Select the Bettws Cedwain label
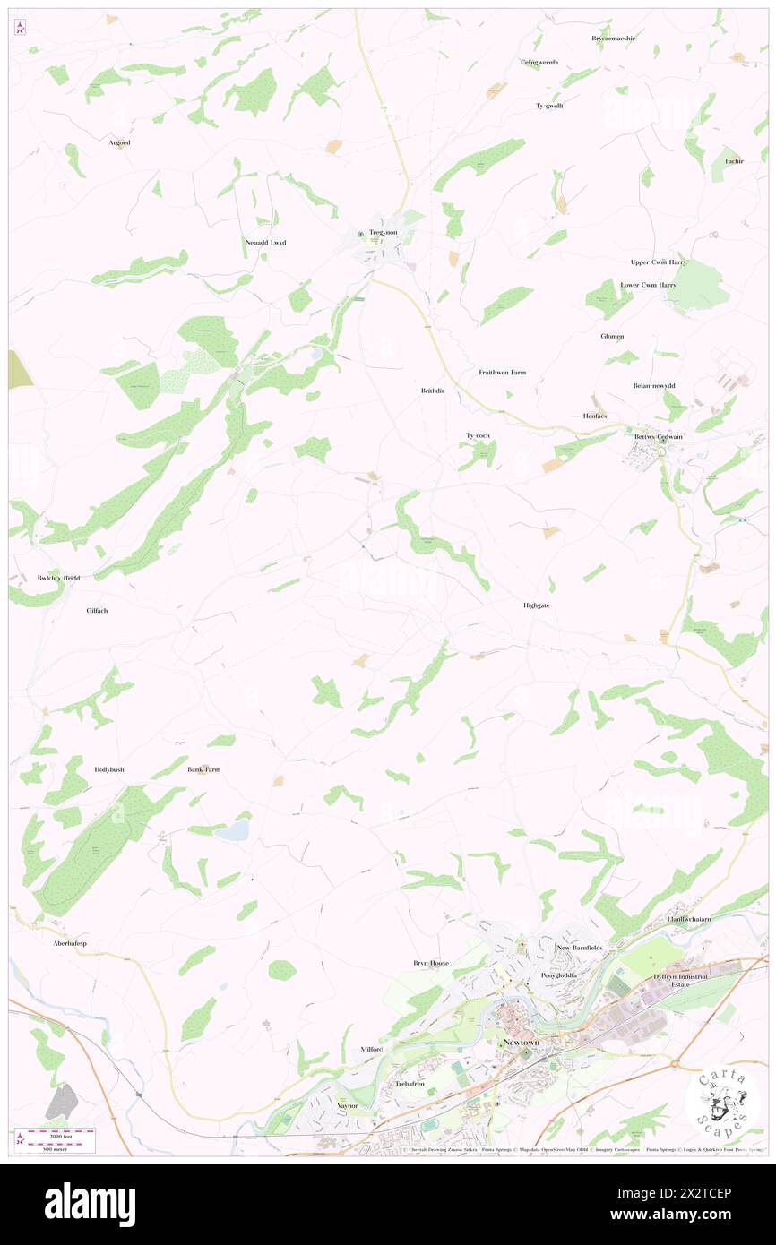(659, 437)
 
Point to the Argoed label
(119, 142)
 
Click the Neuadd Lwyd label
(265, 243)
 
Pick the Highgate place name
(536, 605)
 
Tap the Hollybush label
(109, 769)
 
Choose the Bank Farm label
(203, 769)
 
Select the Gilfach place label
(102, 610)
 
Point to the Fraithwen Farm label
(502, 372)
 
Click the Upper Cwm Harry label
(659, 262)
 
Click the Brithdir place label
(432, 391)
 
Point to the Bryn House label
(431, 963)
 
